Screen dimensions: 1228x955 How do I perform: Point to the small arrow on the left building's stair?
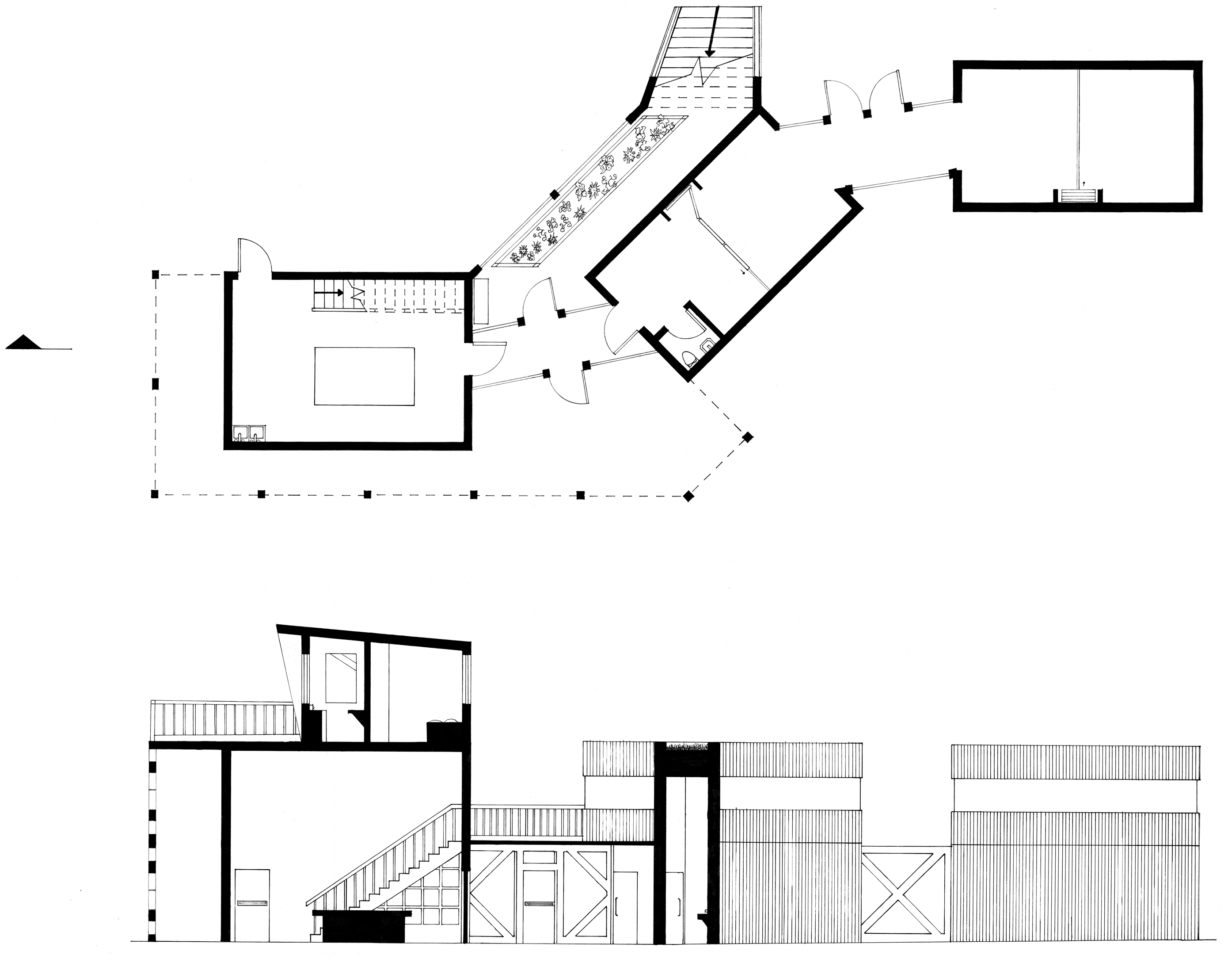pyautogui.click(x=336, y=292)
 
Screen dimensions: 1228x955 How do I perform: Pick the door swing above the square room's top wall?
pyautogui.click(x=255, y=256)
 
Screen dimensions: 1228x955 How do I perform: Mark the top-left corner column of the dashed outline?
pyautogui.click(x=156, y=275)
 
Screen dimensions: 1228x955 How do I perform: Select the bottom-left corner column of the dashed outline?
pyautogui.click(x=156, y=494)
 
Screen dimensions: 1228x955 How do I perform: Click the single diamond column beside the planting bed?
pyautogui.click(x=555, y=195)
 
